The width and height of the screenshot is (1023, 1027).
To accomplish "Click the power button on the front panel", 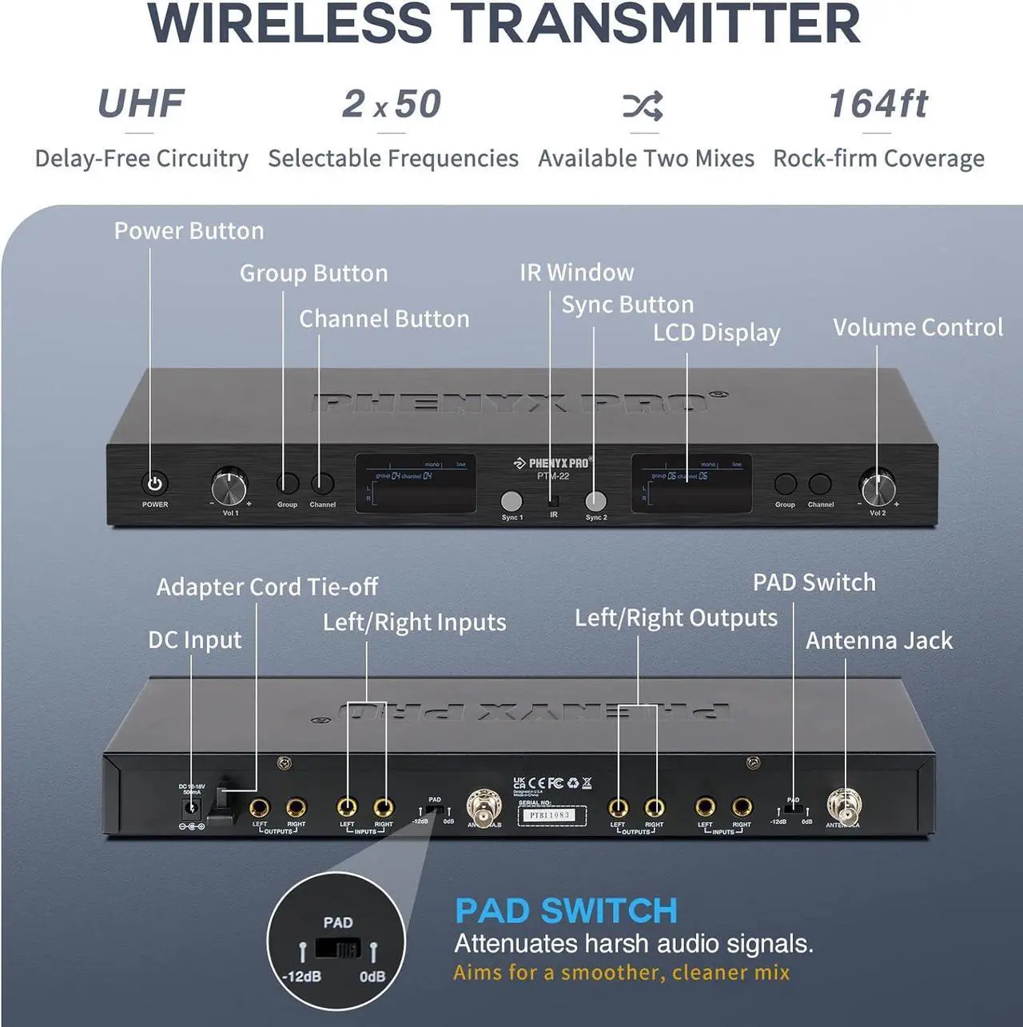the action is [155, 484].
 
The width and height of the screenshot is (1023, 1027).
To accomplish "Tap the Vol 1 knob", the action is [229, 486].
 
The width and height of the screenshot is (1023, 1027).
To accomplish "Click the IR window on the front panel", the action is [553, 500].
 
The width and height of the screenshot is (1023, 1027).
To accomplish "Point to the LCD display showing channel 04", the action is [416, 484].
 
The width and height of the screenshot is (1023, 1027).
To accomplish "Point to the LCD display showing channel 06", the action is [691, 484].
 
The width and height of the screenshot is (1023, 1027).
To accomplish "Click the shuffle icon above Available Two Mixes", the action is [643, 105].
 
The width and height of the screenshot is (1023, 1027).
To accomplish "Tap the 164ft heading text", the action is [878, 104].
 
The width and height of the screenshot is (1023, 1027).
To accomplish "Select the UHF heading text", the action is [141, 104].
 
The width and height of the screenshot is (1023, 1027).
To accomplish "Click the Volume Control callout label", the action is [918, 327].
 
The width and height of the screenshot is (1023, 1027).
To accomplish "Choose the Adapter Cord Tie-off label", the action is [267, 587].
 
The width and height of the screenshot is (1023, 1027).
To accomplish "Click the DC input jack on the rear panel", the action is [191, 808].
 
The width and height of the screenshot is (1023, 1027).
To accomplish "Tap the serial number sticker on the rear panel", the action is [551, 815].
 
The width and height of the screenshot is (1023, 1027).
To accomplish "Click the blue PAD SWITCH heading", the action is [566, 910].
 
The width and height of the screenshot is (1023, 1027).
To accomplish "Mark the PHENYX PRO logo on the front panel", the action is [553, 463].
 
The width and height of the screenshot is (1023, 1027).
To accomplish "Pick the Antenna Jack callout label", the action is [879, 640].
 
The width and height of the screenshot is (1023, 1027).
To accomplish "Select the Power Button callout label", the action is [189, 231].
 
